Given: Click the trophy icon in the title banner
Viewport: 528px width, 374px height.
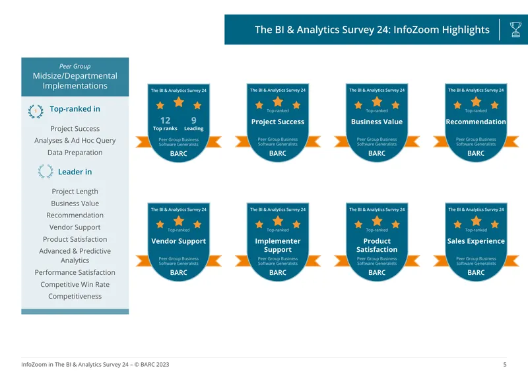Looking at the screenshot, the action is (515, 29).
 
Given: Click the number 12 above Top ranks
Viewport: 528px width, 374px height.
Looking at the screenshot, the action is (165, 120).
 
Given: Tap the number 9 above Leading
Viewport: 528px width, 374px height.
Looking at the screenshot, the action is (193, 120).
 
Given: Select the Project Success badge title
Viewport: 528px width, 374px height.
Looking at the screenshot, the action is (277, 122).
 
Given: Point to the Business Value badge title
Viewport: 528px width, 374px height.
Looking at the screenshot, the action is (377, 122).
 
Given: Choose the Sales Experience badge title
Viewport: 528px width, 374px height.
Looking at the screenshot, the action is (476, 241).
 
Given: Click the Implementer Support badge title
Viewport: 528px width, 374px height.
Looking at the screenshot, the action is (277, 245).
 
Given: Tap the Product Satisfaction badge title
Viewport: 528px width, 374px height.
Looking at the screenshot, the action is (377, 245).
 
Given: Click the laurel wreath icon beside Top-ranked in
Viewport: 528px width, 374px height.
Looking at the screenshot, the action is (36, 111).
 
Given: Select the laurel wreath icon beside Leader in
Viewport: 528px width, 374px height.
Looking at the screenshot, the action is (46, 171).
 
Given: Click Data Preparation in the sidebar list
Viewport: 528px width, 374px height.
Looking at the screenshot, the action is (75, 153).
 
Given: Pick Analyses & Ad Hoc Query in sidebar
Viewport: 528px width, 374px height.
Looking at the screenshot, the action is (75, 140).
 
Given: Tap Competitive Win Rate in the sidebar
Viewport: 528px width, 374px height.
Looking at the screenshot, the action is (75, 284).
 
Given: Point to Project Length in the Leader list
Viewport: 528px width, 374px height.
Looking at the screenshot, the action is (75, 191).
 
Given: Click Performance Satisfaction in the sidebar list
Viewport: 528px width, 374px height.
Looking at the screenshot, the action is (75, 272).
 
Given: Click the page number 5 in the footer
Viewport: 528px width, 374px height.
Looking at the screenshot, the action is (505, 364).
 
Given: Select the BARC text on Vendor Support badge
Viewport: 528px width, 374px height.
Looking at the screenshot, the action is (178, 272).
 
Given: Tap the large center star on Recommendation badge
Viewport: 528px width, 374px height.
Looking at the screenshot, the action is (476, 102).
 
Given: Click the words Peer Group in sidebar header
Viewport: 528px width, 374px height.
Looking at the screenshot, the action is (75, 67).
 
